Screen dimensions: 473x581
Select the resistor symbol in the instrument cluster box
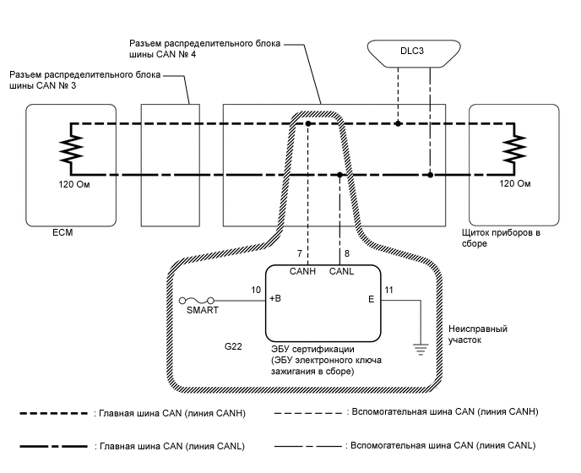510,151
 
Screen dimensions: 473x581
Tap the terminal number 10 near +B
256,290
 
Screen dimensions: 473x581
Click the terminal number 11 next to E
388,290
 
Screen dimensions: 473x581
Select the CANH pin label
303,271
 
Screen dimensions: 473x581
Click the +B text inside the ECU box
276,299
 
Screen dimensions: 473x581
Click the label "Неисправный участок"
467,334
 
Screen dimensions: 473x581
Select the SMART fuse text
201,310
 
